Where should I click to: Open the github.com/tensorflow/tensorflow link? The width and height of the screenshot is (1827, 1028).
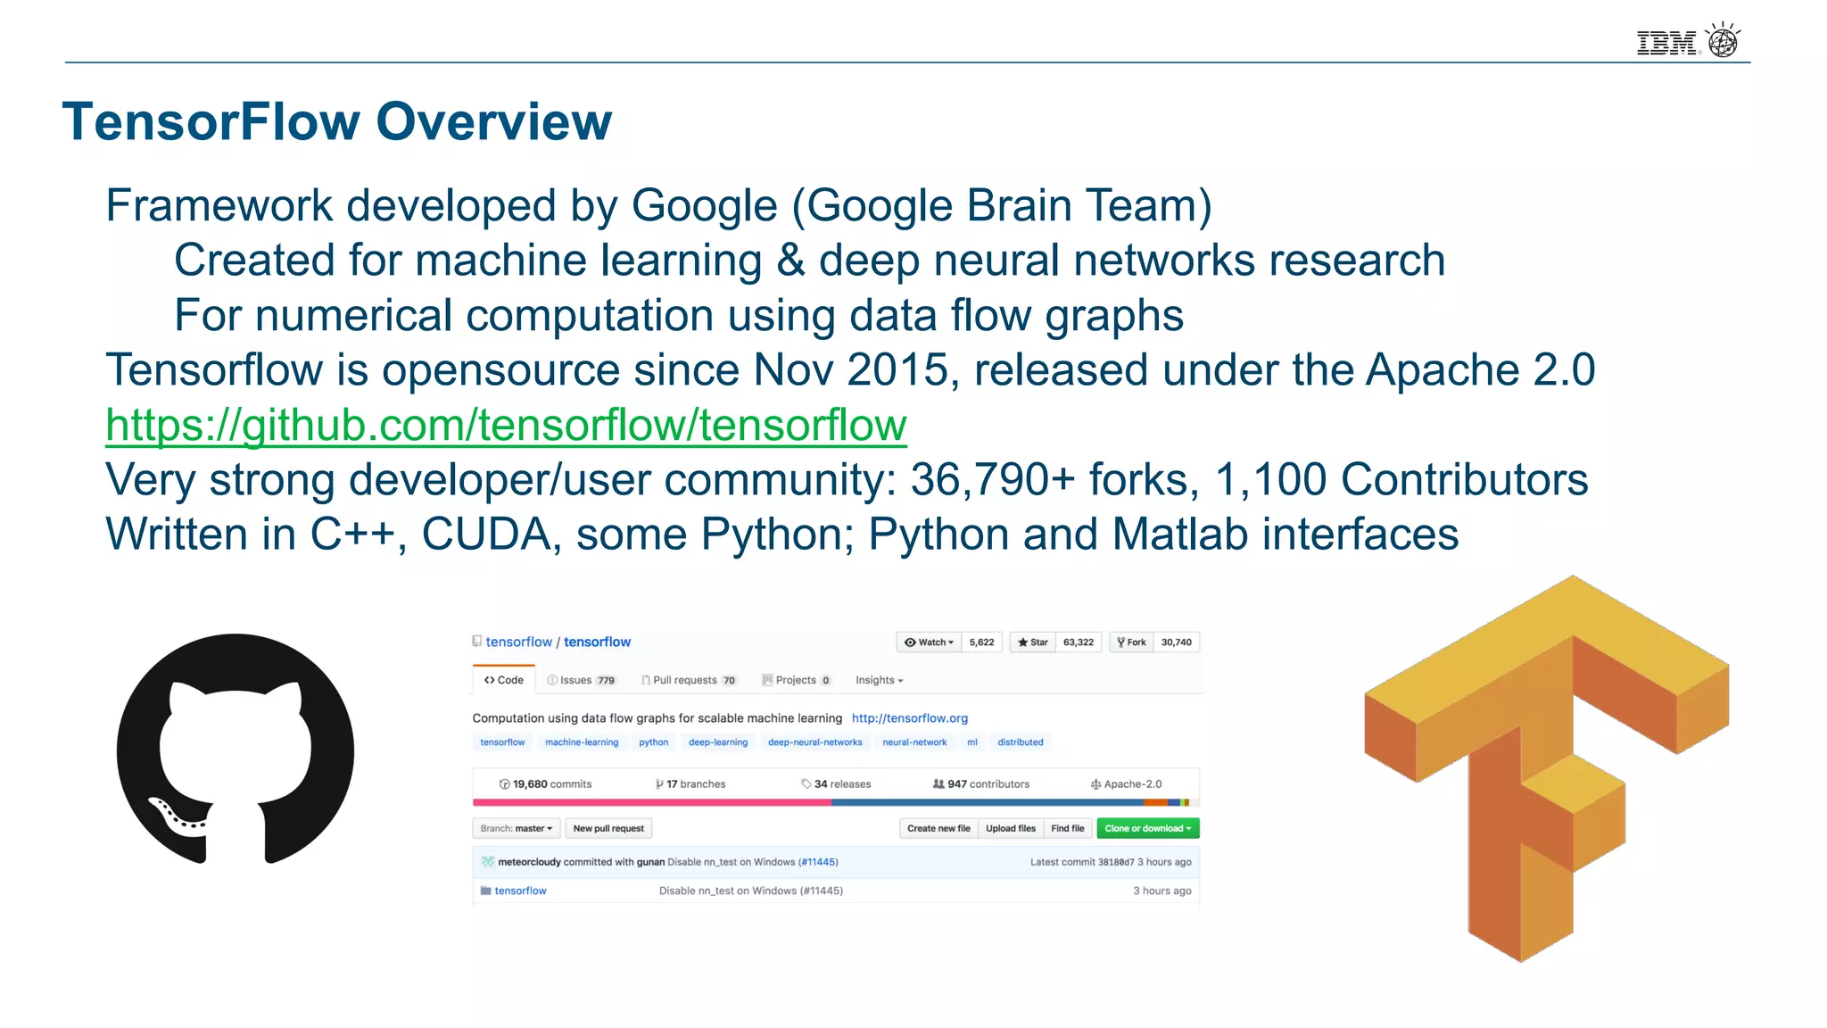coord(506,425)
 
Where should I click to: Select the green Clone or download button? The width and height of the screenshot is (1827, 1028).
coord(1147,828)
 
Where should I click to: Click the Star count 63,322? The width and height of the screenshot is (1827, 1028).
coord(1078,642)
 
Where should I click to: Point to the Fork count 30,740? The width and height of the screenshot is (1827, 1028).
coord(1176,642)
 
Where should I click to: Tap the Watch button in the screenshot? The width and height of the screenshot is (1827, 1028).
coord(929,642)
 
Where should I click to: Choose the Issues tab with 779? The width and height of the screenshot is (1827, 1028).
coord(582,680)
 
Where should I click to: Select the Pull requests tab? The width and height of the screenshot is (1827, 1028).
coord(688,680)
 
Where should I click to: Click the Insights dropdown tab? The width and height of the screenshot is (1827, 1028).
coord(879,680)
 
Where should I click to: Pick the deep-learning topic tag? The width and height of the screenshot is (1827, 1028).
coord(718,742)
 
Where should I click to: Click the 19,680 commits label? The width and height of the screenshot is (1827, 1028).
coord(545,784)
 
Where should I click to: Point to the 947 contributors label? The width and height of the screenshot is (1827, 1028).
coord(981,784)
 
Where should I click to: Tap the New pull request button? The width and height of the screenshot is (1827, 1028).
coord(608,828)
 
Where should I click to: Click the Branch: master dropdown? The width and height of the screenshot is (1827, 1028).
coord(516,828)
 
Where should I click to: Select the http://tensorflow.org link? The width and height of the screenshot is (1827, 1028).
coord(909,718)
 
